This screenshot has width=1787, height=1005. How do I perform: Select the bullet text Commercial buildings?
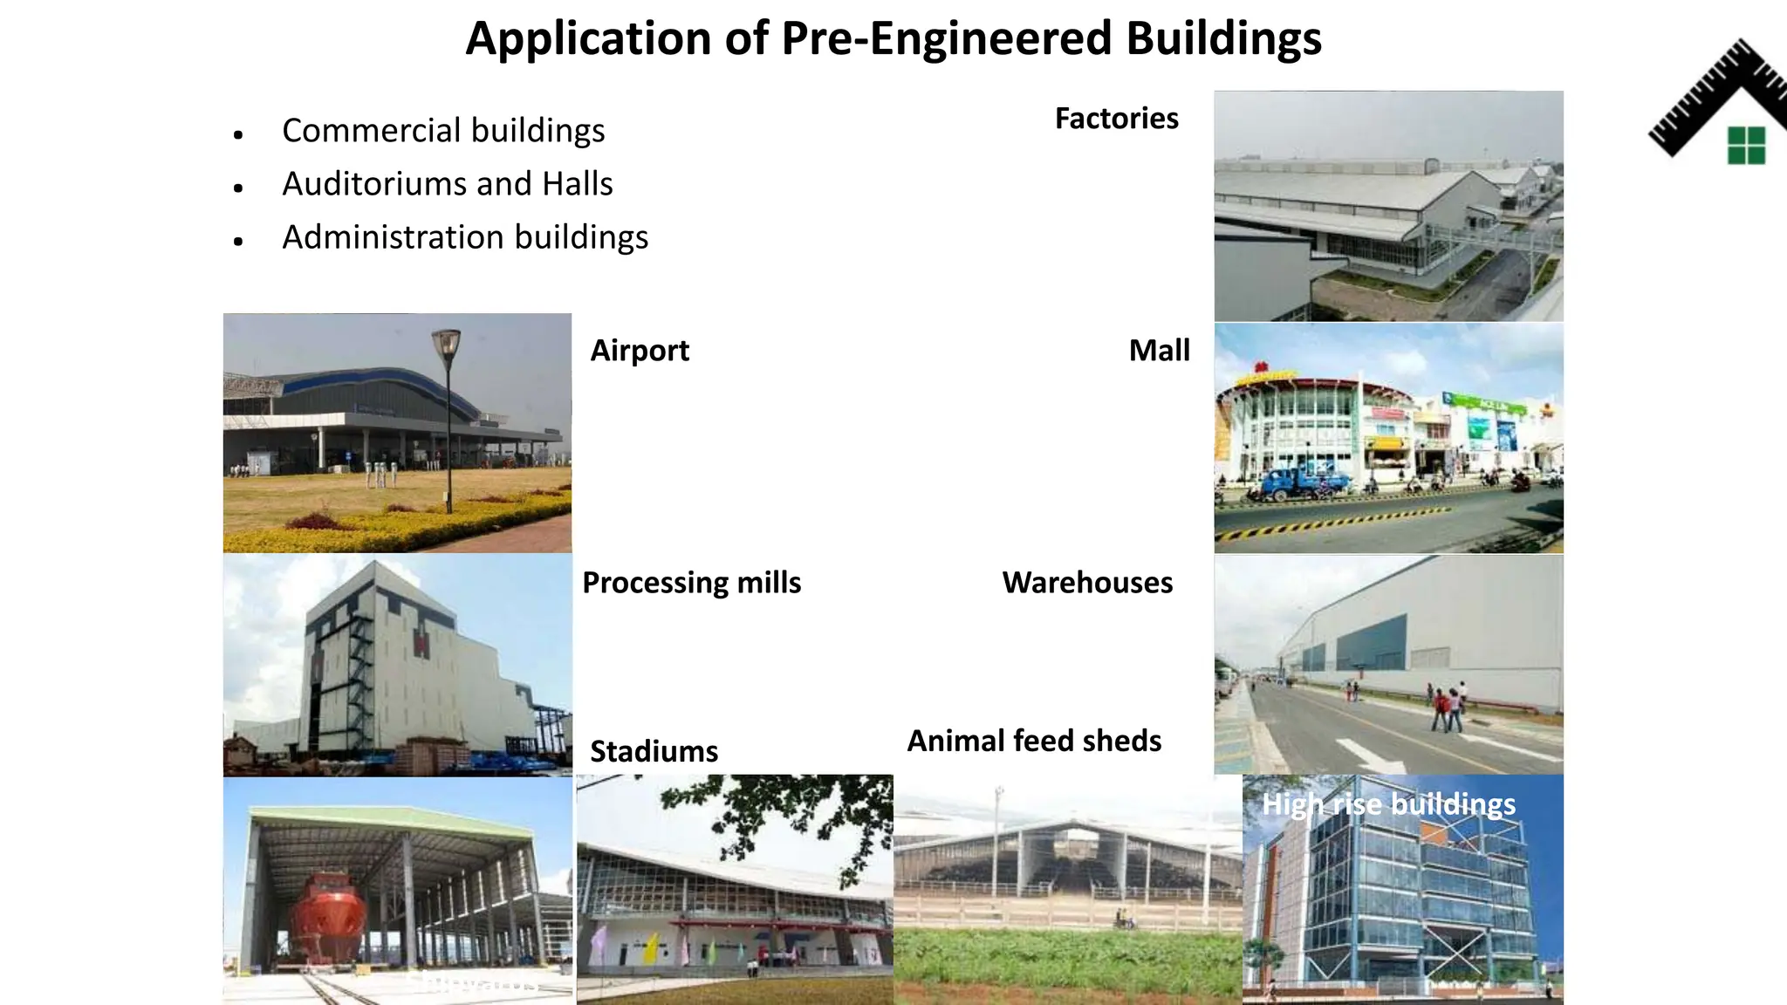(x=443, y=131)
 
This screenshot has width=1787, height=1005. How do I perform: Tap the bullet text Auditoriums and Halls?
(x=447, y=184)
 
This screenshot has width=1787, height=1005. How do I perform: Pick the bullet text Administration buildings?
(x=465, y=237)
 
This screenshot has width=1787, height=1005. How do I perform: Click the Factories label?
(x=1116, y=119)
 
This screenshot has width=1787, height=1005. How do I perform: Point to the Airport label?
(x=640, y=351)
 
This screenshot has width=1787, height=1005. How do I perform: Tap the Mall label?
(x=1159, y=351)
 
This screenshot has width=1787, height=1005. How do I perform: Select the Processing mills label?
(x=691, y=583)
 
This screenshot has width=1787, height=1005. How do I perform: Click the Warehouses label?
(x=1087, y=583)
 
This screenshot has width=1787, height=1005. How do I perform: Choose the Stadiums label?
(x=654, y=752)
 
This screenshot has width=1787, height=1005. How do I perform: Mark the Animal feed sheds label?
(x=1034, y=742)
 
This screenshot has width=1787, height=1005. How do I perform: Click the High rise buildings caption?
(x=1388, y=804)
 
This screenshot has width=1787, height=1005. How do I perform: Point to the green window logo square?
(x=1746, y=146)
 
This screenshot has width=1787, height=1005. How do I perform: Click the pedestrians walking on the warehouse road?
(x=1447, y=708)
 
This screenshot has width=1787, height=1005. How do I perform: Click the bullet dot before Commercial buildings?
(x=238, y=134)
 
